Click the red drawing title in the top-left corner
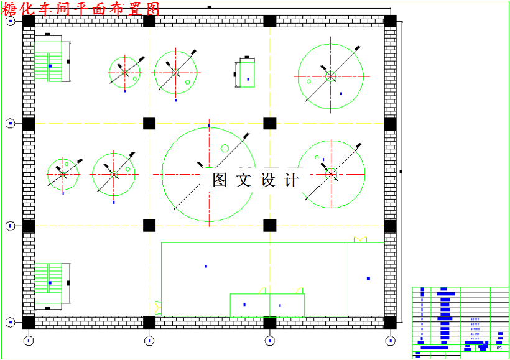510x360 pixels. pos(81,9)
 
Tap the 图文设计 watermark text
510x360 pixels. pos(256,180)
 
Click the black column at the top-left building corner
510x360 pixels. pos(29,21)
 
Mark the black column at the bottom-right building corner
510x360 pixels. pos(390,322)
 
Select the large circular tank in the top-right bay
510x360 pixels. pos(330,76)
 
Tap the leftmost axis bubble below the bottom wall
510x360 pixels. pos(29,340)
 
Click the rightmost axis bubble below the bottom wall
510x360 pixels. pos(390,340)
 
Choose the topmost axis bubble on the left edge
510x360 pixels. pos(11,21)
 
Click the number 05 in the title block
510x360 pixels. pos(499,348)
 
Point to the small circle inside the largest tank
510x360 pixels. pos(225,148)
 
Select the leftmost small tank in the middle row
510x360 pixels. pos(63,175)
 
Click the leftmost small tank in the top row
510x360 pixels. pos(124,73)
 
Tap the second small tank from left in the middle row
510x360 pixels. pos(114,175)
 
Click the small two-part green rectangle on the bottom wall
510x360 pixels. pos(267,305)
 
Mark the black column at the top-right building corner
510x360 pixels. pos(390,21)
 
